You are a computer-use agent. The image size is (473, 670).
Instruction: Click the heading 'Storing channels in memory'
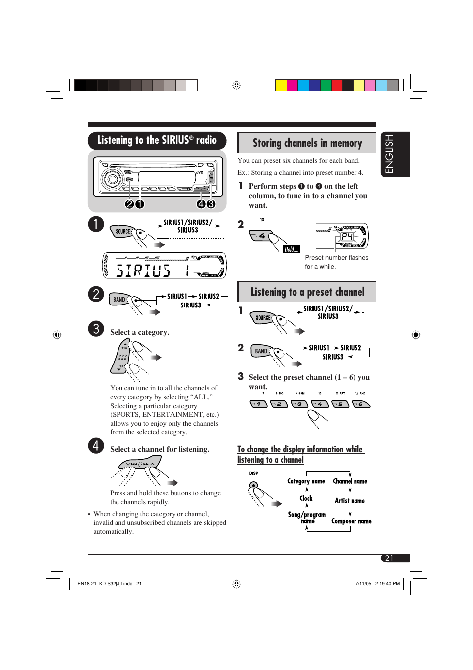click(x=307, y=143)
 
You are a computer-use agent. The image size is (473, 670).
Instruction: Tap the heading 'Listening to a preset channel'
click(x=307, y=292)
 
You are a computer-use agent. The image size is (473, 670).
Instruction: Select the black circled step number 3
click(x=96, y=329)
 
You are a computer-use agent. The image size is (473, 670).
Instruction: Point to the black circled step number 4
click(x=96, y=445)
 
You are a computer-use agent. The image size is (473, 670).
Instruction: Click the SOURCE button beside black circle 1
click(x=122, y=231)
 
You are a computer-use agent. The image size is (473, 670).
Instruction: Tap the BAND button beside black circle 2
click(x=119, y=299)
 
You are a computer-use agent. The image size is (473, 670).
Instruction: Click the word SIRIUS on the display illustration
click(x=143, y=270)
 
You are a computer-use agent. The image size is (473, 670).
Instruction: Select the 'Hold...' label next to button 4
click(x=291, y=249)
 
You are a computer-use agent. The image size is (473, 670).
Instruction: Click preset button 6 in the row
click(x=361, y=404)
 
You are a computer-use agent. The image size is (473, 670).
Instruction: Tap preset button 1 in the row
click(x=258, y=404)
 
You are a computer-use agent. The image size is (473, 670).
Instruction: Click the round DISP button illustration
click(x=254, y=486)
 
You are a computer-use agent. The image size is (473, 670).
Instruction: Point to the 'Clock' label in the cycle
click(x=306, y=498)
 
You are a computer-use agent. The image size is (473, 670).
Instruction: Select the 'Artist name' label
click(x=350, y=501)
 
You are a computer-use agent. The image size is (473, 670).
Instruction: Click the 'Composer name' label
click(x=351, y=521)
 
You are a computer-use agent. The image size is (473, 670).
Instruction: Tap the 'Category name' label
click(x=306, y=481)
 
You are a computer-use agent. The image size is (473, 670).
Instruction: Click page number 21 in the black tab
click(x=389, y=558)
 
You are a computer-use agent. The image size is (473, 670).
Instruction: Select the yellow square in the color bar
click(x=281, y=85)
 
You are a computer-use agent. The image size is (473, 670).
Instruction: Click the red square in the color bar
click(x=337, y=85)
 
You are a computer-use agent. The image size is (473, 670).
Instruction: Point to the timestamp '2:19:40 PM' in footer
click(x=387, y=584)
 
